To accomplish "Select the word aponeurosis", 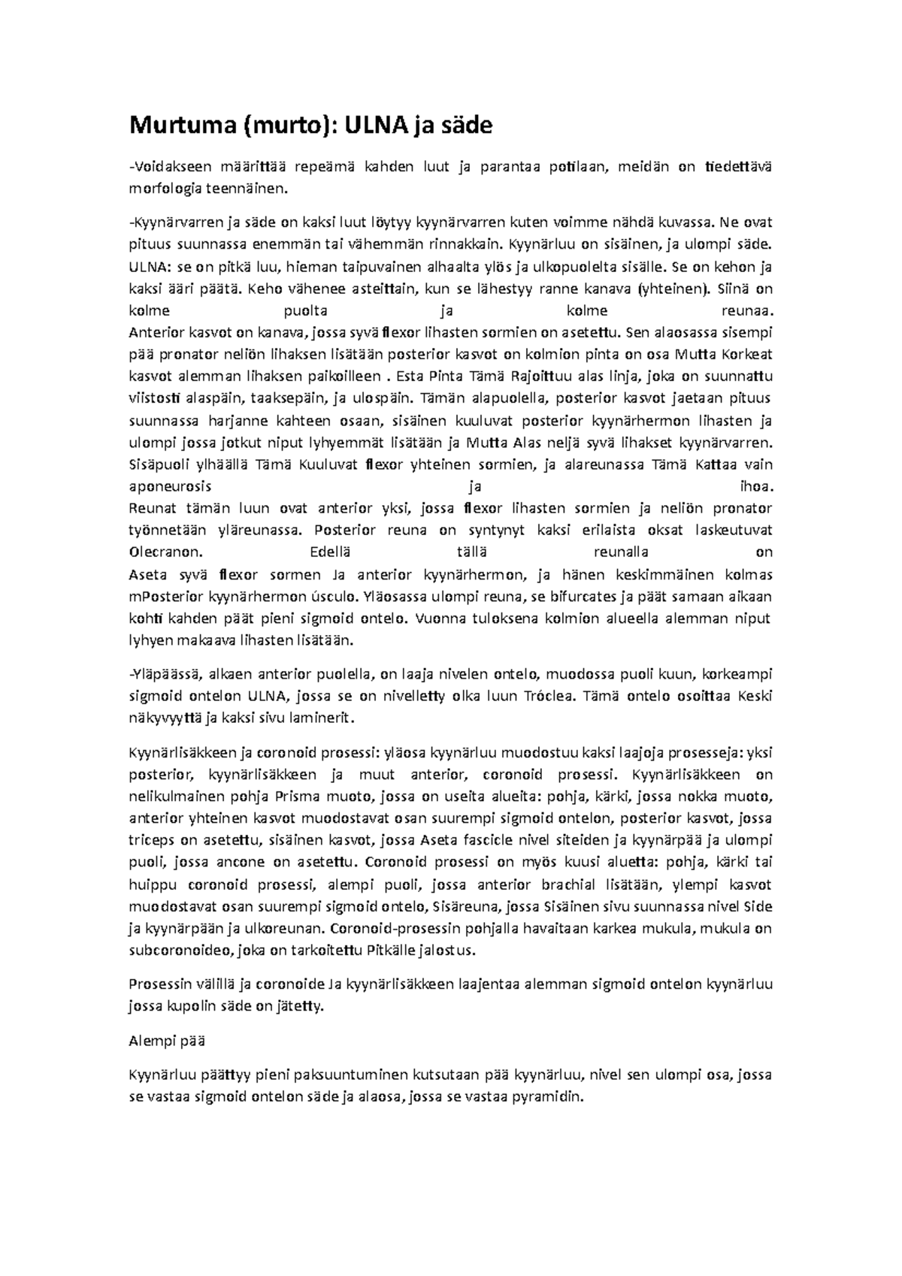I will [x=171, y=486].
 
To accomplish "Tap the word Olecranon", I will [x=165, y=552].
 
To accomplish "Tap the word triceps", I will [x=152, y=840].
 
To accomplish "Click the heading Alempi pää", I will [x=167, y=1042].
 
